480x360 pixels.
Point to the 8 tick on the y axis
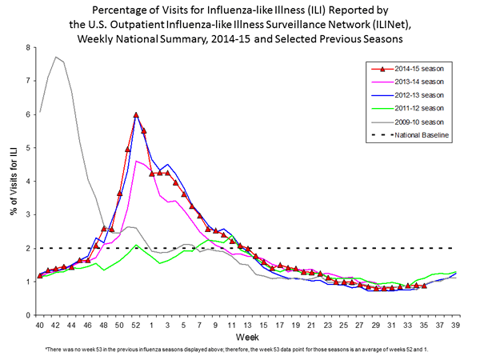click(28, 47)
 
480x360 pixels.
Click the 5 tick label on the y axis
click(28, 148)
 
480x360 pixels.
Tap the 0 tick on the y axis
click(28, 315)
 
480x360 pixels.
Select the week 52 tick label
click(136, 326)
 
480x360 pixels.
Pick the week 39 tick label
click(456, 326)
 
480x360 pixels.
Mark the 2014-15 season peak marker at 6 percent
click(136, 115)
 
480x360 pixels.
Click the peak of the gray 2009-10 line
click(55, 57)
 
